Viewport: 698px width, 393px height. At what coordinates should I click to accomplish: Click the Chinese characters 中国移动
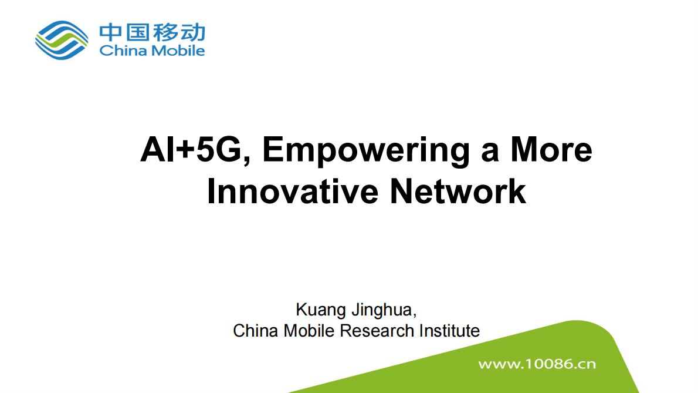[x=152, y=32]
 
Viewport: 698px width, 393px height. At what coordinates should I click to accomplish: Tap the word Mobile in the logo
[x=178, y=51]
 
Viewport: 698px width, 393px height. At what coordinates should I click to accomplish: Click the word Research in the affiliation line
[x=377, y=331]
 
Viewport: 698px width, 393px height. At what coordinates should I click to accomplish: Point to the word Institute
[x=449, y=331]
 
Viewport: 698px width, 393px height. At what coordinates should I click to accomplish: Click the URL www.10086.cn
[x=537, y=364]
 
